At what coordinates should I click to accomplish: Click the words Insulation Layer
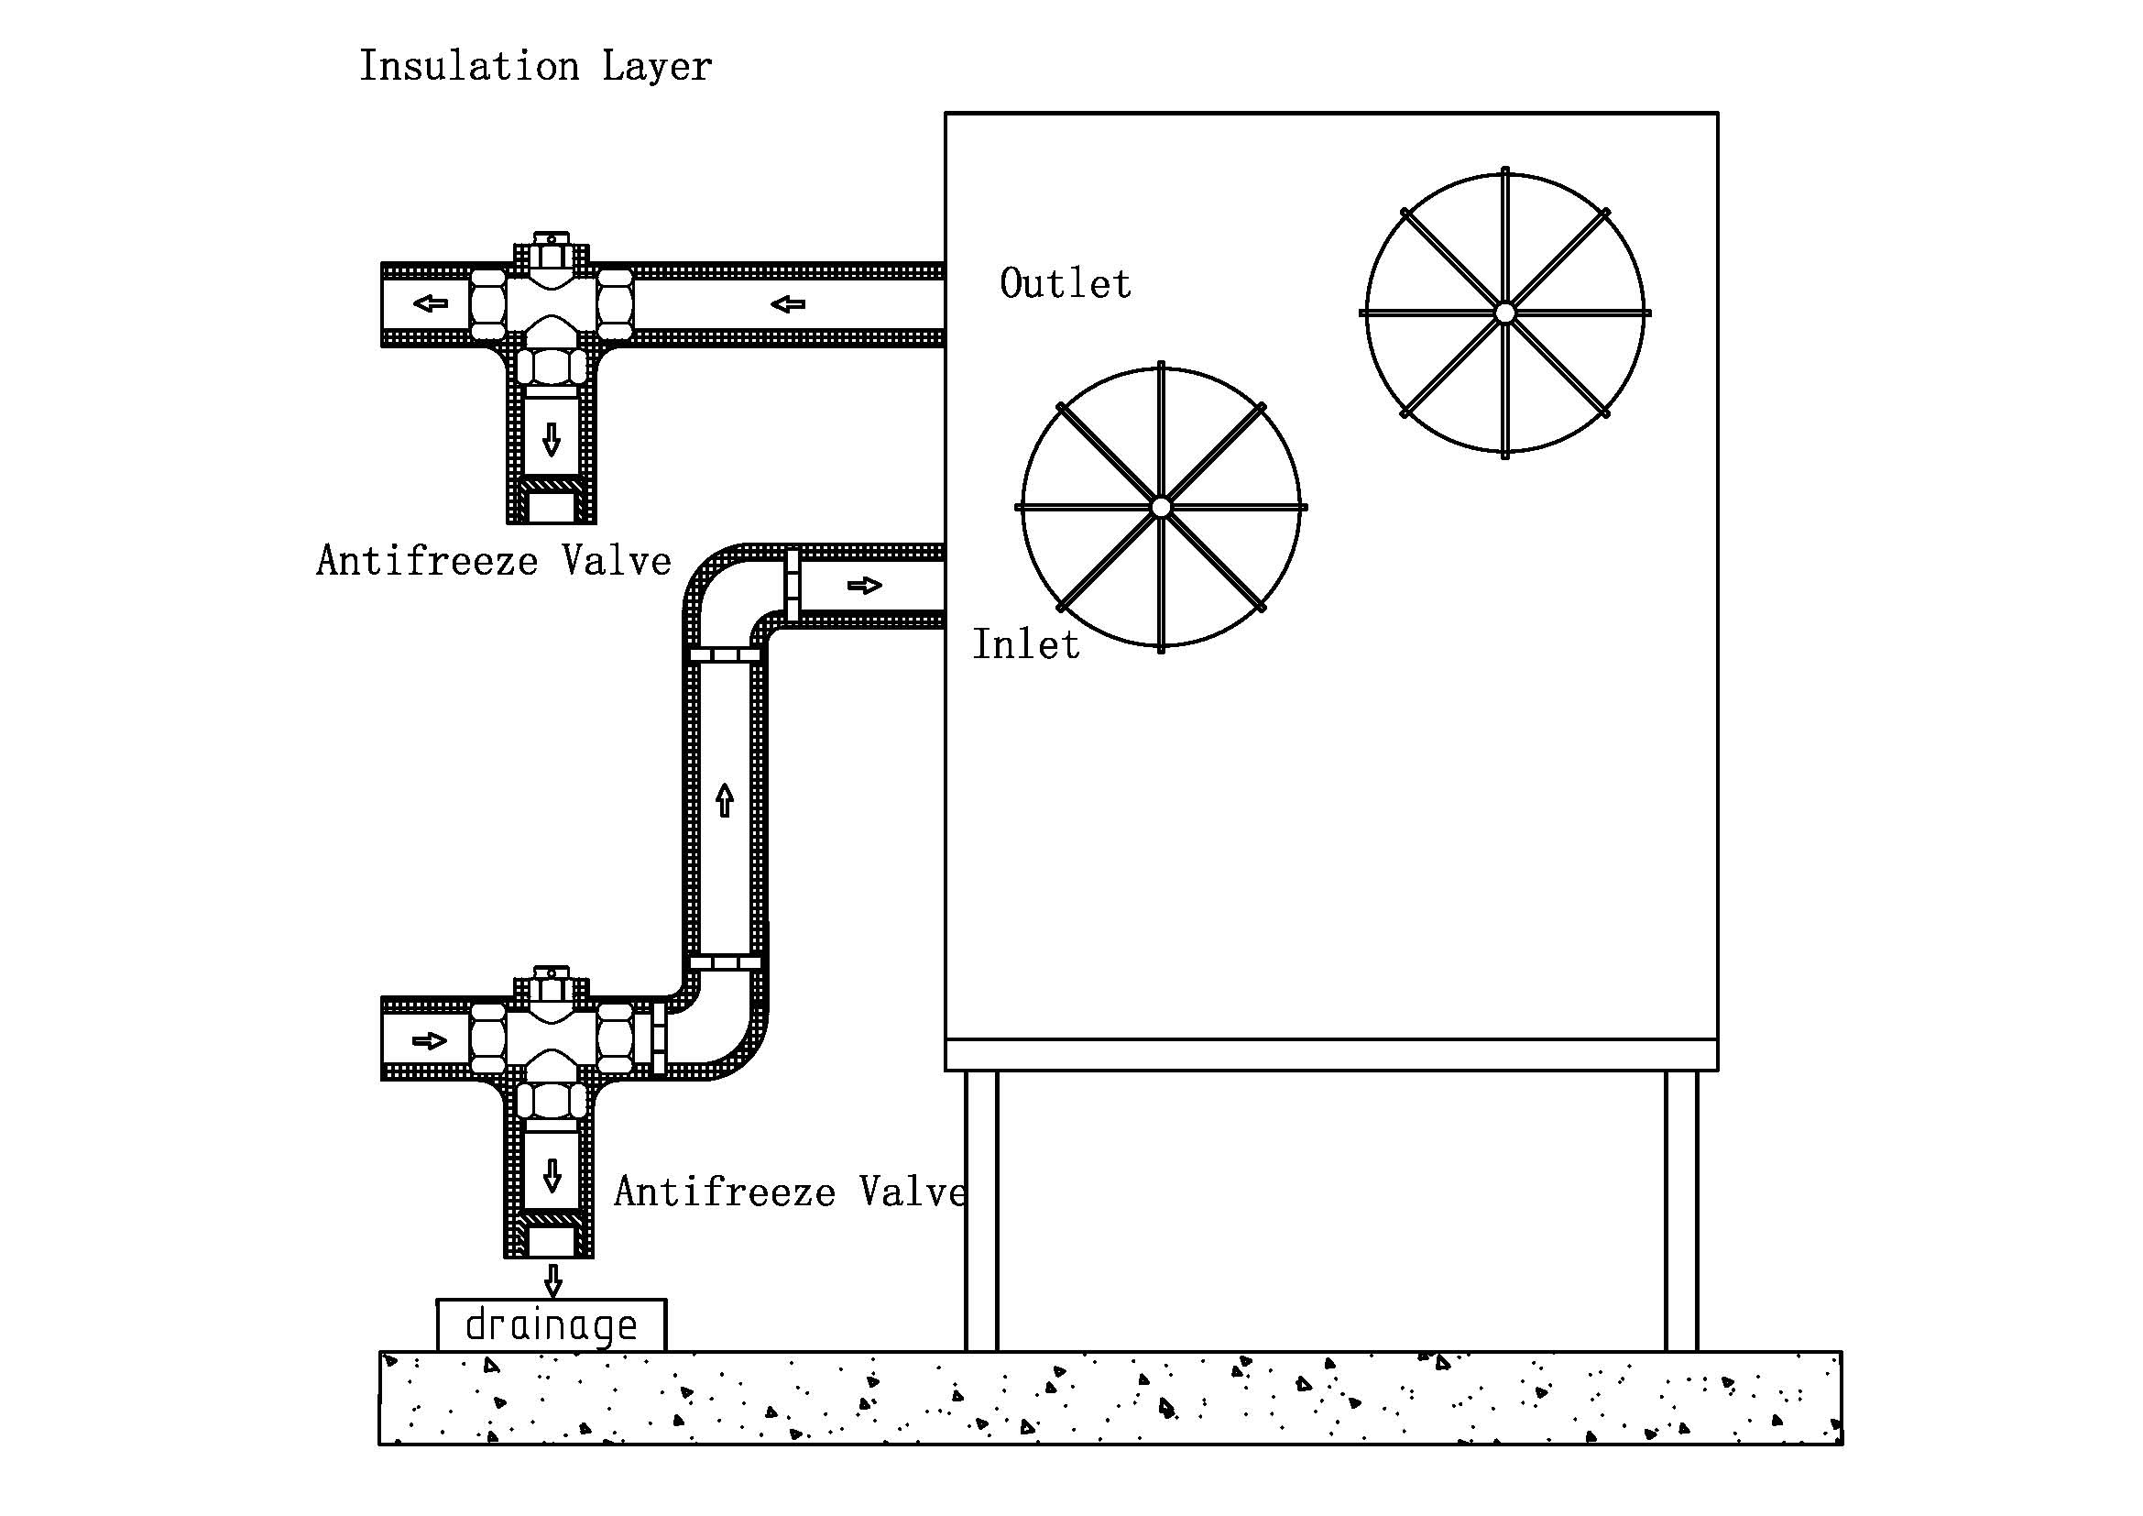(x=535, y=66)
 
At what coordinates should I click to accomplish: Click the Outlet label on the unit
(x=1065, y=284)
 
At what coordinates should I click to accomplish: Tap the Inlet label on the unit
(x=1026, y=645)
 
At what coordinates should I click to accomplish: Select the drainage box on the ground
(x=551, y=1324)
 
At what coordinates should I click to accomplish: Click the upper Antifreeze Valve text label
(x=494, y=561)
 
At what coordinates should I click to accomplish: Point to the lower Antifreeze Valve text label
(x=790, y=1192)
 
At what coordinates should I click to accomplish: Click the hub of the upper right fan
(x=1504, y=313)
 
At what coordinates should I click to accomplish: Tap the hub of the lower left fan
(x=1160, y=507)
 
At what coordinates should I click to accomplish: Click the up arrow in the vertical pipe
(x=725, y=801)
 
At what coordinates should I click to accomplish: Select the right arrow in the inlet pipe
(x=864, y=586)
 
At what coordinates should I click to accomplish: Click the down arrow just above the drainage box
(x=552, y=1280)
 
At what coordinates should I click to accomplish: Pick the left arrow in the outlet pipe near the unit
(x=788, y=303)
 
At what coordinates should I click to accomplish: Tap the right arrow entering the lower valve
(x=430, y=1040)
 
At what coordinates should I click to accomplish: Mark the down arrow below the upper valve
(x=551, y=439)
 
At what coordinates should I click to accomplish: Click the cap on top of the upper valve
(x=551, y=244)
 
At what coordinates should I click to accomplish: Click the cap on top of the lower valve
(x=551, y=977)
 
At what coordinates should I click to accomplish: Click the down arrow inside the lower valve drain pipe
(x=552, y=1176)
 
